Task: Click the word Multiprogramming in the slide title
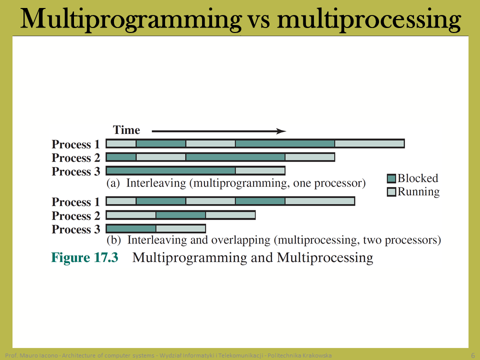tap(131, 20)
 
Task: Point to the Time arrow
tap(219, 131)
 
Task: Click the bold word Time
tap(126, 130)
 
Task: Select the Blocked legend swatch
tap(391, 178)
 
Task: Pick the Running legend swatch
tap(391, 192)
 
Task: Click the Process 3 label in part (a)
tap(76, 171)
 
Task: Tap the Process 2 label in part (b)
tap(76, 216)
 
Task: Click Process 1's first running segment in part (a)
tap(121, 143)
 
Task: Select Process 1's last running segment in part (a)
tap(369, 143)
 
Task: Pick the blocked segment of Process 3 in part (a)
tap(171, 170)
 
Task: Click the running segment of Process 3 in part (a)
tap(260, 170)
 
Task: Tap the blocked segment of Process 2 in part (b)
tap(180, 215)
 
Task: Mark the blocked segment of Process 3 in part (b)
tap(131, 228)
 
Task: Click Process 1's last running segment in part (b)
tap(319, 201)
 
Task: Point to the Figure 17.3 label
tap(84, 257)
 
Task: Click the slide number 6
tap(473, 355)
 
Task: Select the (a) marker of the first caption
tap(113, 183)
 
